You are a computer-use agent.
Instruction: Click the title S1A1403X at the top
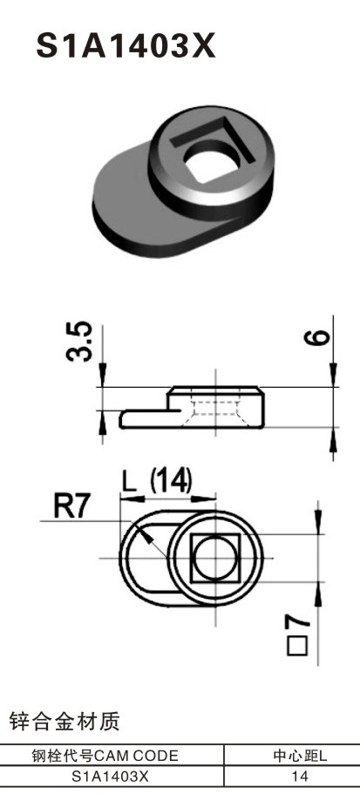(x=125, y=45)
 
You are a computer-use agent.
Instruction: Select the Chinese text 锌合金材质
(x=65, y=722)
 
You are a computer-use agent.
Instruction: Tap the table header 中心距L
(x=299, y=756)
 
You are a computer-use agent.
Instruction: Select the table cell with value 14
(x=299, y=775)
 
